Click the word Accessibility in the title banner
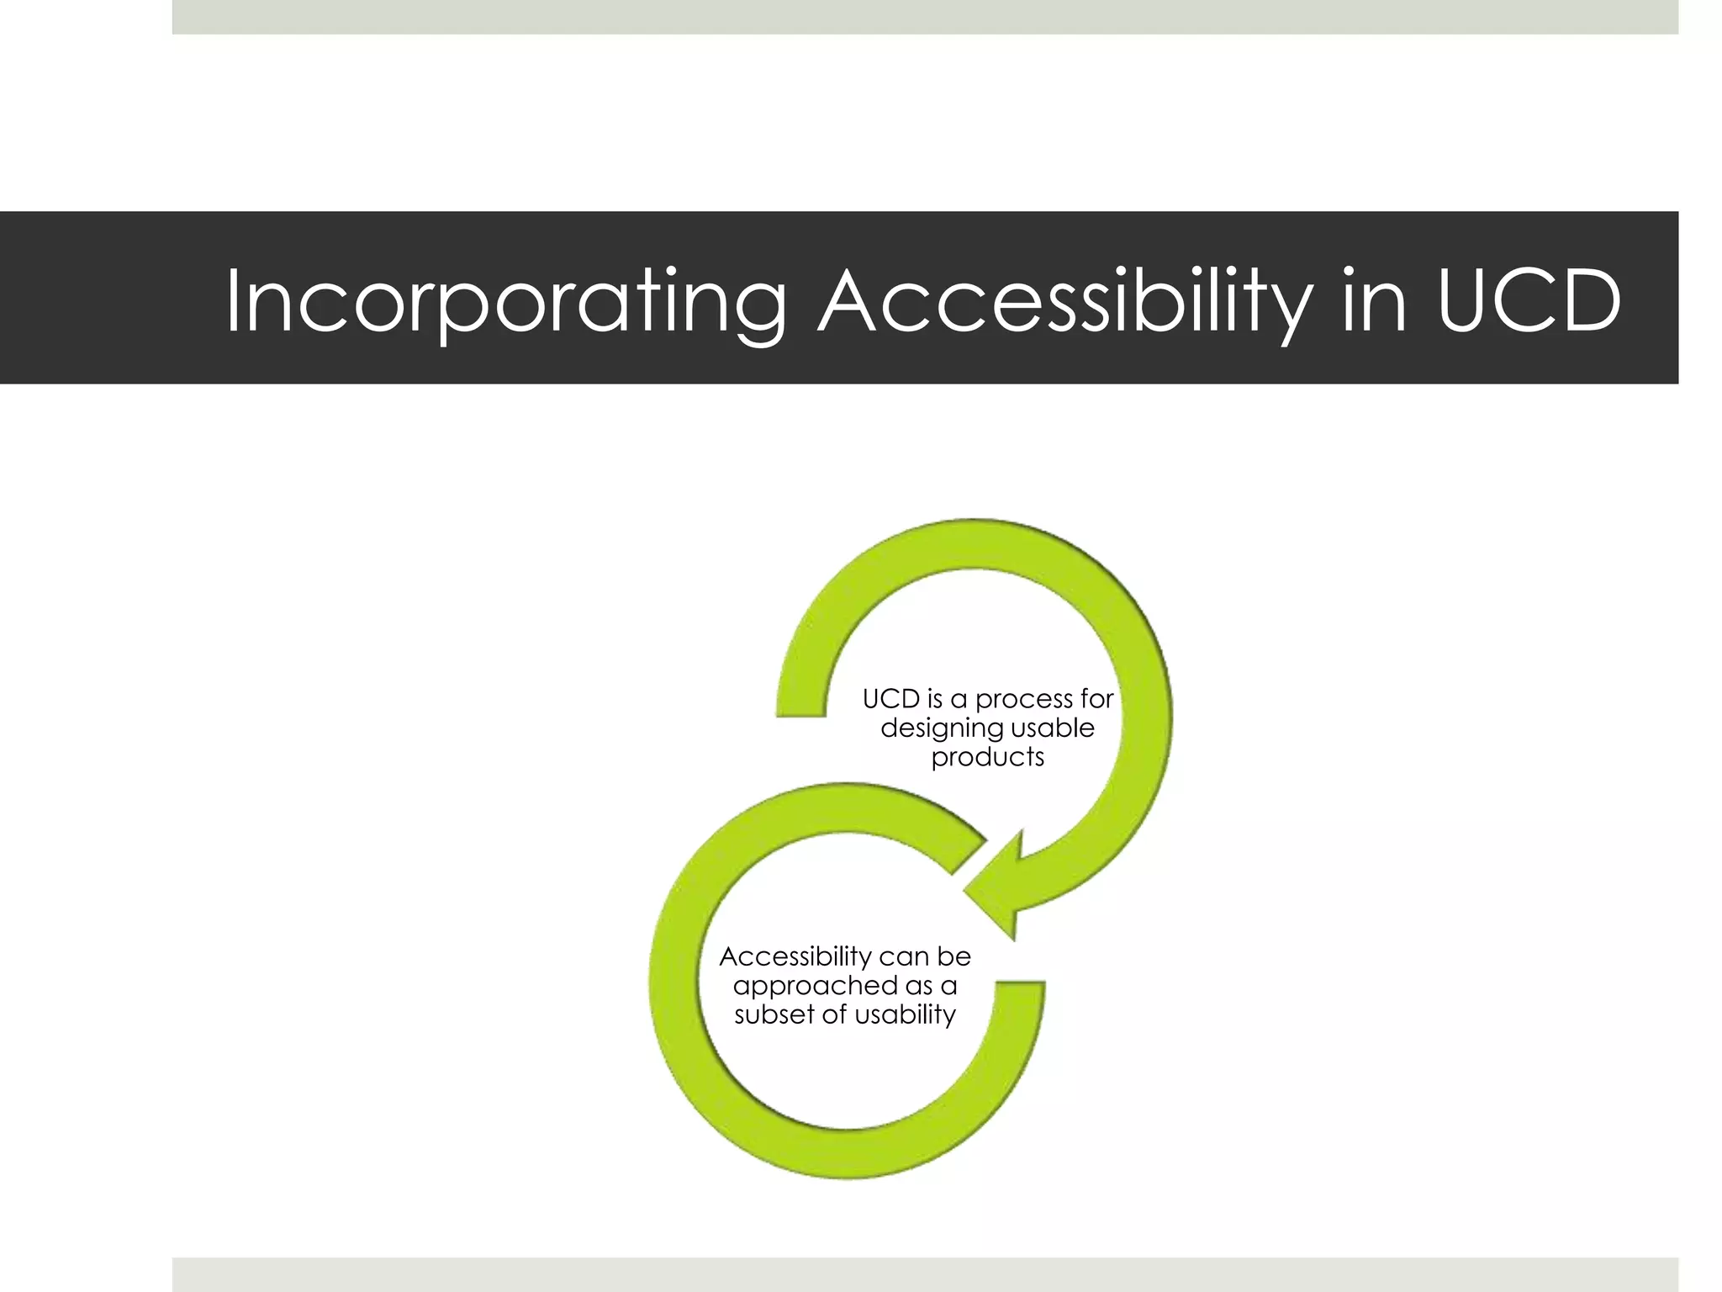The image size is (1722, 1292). (x=1064, y=301)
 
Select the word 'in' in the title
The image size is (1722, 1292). (x=1374, y=299)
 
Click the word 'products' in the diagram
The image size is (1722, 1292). (x=987, y=757)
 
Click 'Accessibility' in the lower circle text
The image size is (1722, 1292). (x=795, y=956)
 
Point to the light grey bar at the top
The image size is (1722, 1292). (x=925, y=17)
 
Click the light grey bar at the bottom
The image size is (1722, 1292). (x=925, y=1273)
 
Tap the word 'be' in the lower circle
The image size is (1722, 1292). (x=955, y=956)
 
